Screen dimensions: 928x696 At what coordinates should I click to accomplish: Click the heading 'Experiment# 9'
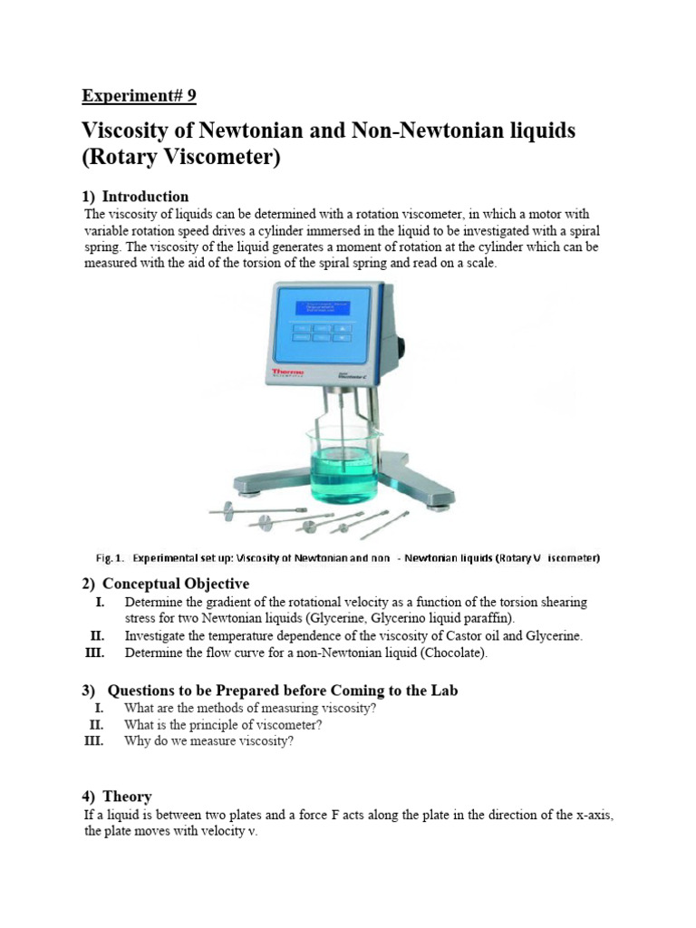pos(139,96)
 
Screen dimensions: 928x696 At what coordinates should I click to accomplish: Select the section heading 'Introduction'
pos(145,197)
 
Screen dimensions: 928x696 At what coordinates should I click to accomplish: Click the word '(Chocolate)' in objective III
pos(454,652)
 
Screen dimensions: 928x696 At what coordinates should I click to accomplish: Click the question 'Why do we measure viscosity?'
pos(209,741)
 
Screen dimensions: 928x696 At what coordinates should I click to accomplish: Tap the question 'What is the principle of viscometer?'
pos(223,725)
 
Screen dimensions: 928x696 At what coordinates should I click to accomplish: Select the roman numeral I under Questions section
pos(99,709)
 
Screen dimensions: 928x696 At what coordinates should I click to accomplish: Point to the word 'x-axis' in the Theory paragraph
pos(594,816)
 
